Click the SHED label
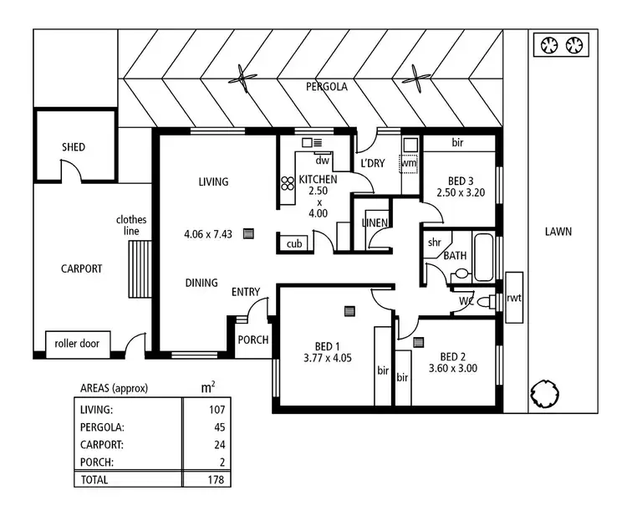(x=74, y=147)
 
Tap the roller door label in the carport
(x=77, y=343)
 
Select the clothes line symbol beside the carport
(x=141, y=268)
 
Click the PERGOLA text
(x=326, y=86)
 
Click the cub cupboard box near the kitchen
(x=293, y=243)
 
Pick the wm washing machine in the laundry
(x=409, y=164)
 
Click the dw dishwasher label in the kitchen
(x=322, y=161)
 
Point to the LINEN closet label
(x=375, y=222)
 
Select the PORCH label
(x=252, y=340)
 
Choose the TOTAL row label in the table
(x=95, y=479)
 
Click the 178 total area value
(x=216, y=479)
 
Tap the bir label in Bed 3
(x=457, y=143)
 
